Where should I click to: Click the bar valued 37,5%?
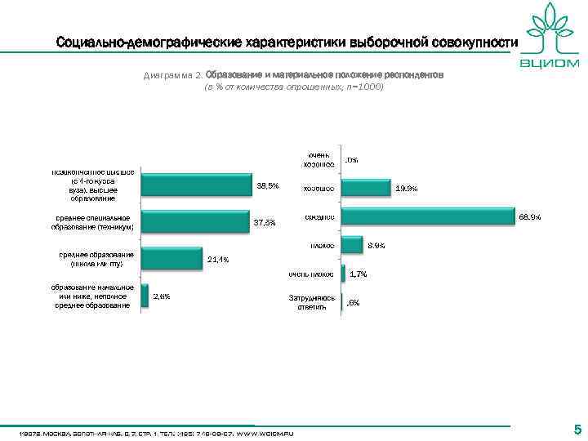click(x=194, y=222)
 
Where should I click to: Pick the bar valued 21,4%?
click(x=171, y=259)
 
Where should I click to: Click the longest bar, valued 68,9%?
click(x=428, y=216)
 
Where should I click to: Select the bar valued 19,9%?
click(x=366, y=188)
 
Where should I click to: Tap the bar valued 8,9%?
click(x=352, y=244)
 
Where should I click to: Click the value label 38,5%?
click(x=268, y=186)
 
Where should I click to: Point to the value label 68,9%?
click(x=529, y=217)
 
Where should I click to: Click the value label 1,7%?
click(x=358, y=274)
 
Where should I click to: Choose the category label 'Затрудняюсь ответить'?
click(x=312, y=302)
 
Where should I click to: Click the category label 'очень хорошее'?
click(x=319, y=159)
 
